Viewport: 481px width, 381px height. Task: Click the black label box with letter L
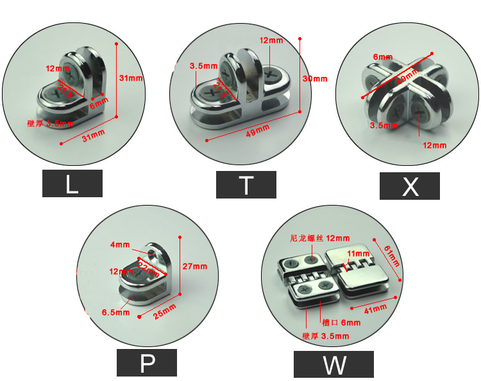click(72, 184)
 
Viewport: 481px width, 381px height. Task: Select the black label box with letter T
click(246, 184)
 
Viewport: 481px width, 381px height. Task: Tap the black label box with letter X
click(409, 186)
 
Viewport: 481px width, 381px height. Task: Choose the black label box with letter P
click(146, 363)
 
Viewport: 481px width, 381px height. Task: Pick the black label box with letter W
click(333, 364)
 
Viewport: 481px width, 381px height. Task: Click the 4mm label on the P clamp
click(119, 245)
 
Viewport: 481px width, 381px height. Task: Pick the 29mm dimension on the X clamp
click(405, 79)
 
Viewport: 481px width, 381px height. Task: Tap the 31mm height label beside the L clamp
click(131, 77)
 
